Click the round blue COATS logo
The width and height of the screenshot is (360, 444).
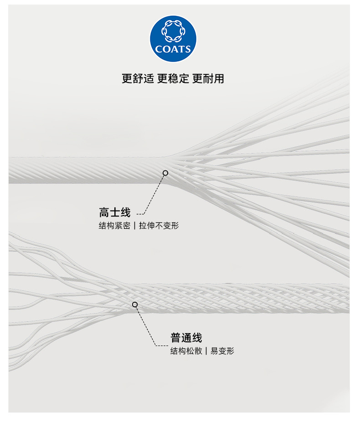173,39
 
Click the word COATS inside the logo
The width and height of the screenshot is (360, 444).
173,49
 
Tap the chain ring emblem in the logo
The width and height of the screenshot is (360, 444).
173,32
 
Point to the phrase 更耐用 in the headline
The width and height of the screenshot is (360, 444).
208,78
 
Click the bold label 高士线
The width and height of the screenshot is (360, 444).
115,212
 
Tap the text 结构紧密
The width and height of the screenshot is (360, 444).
114,226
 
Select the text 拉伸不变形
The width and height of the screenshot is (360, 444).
159,226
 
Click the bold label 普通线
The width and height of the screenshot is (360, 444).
186,338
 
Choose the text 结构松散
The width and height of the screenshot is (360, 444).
186,351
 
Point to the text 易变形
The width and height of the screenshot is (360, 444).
222,351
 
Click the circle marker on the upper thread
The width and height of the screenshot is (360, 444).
165,173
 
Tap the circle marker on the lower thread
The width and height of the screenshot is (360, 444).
135,304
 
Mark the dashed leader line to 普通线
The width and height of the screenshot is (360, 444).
146,325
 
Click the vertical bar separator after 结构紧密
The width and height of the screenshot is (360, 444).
134,226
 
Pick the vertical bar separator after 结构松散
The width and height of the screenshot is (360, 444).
206,351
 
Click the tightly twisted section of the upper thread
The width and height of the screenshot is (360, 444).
82,170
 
